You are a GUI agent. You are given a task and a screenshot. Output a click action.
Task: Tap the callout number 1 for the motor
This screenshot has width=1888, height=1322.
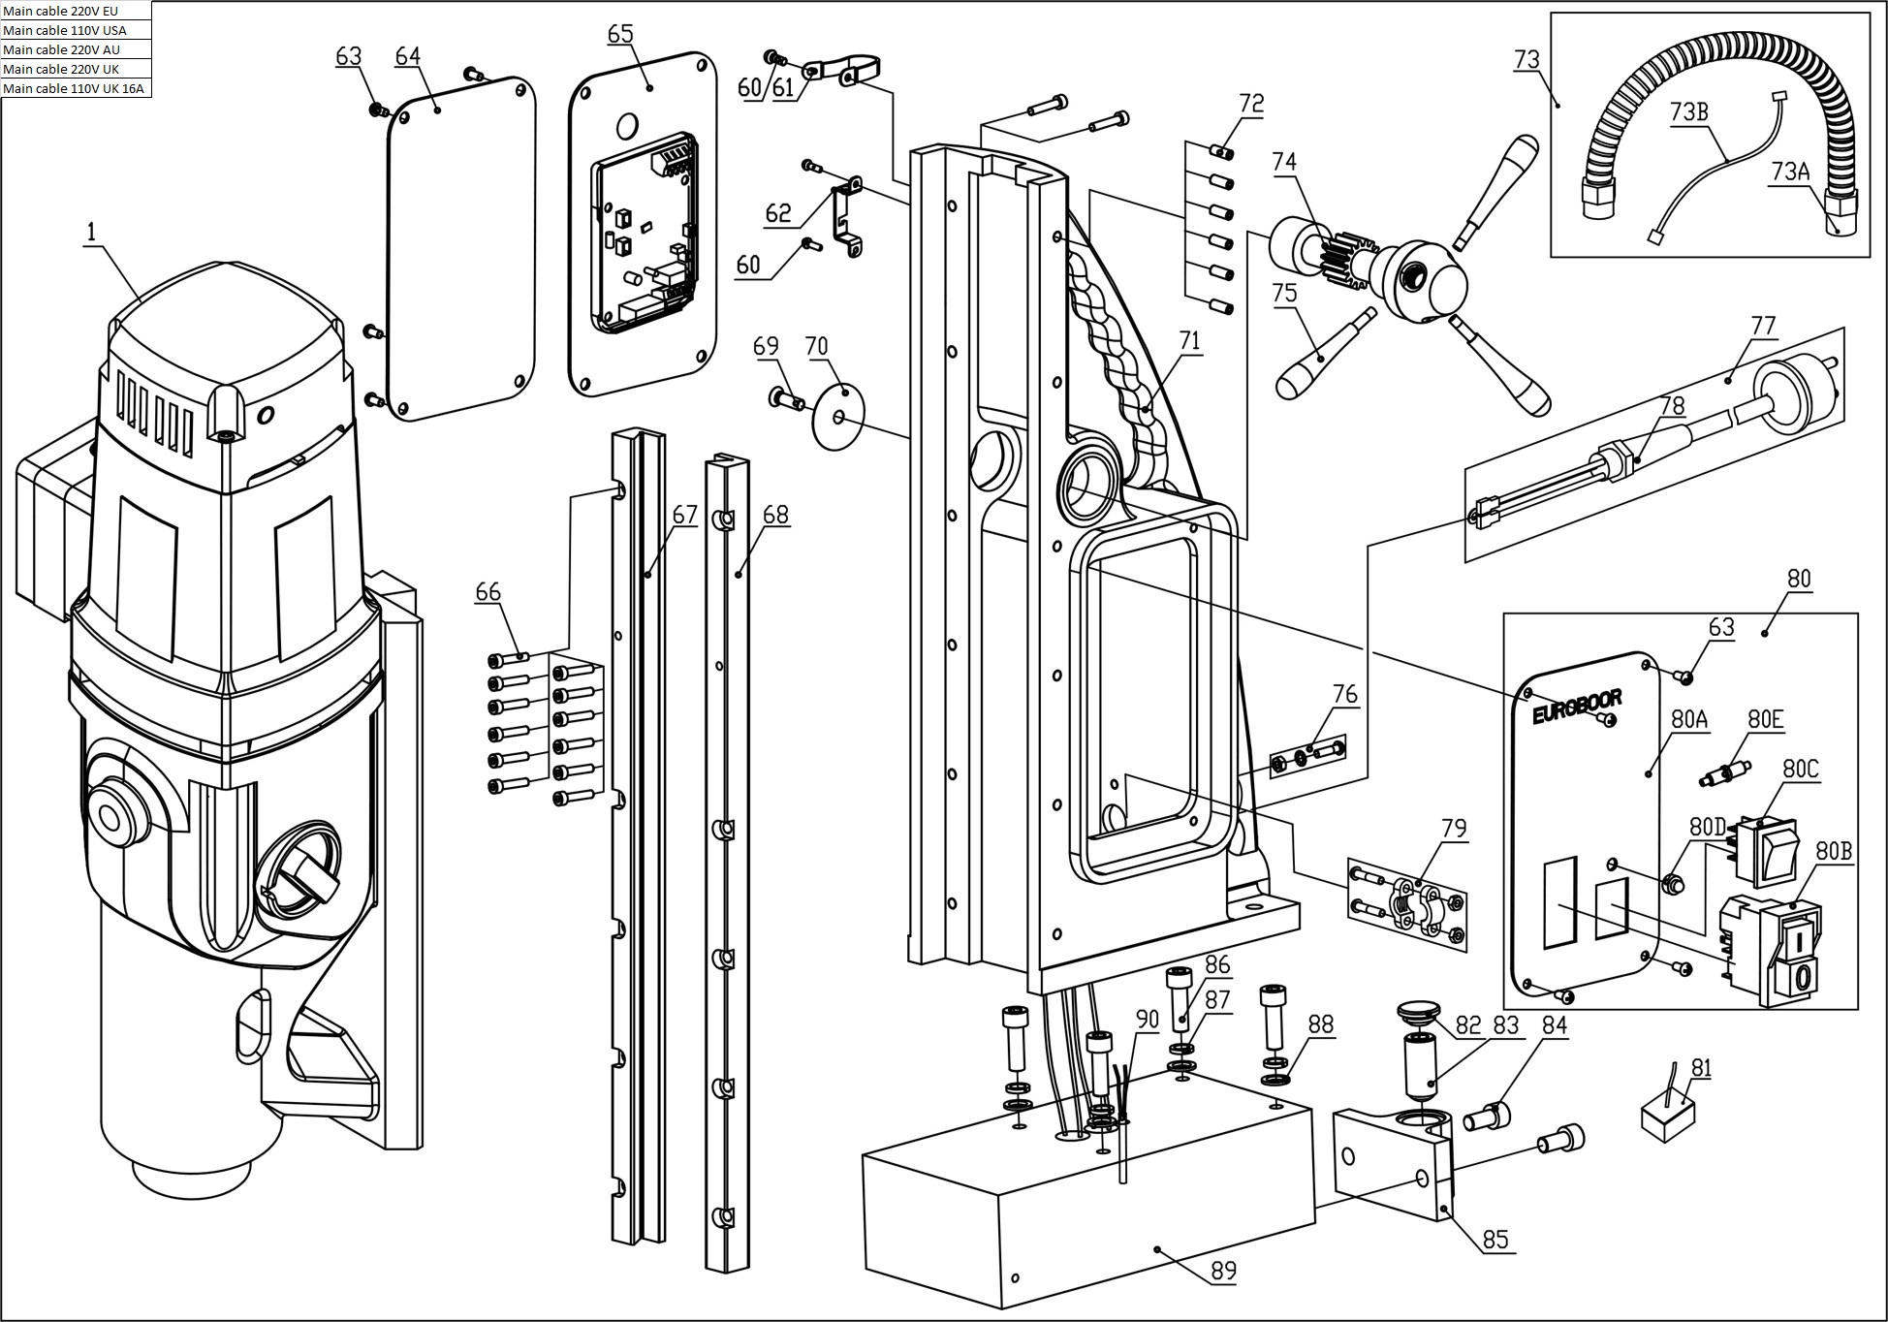[x=92, y=232]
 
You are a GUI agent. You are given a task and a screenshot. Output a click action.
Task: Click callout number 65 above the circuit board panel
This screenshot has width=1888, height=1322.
[x=620, y=34]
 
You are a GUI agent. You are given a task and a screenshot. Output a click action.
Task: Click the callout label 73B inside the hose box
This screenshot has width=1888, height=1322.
[x=1688, y=112]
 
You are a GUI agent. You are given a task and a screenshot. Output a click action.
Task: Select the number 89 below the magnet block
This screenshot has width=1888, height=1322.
[x=1224, y=1270]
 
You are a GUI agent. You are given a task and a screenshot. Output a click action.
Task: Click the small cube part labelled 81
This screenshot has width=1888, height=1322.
[x=1668, y=1114]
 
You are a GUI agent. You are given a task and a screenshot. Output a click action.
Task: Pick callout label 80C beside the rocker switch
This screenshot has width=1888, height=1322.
[x=1801, y=770]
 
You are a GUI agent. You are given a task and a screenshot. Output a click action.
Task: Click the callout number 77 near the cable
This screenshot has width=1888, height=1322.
[x=1763, y=326]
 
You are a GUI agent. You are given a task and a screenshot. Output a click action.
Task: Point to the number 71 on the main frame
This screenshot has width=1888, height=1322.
[x=1189, y=340]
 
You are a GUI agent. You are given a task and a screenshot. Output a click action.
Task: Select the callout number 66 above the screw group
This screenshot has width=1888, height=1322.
[x=488, y=592]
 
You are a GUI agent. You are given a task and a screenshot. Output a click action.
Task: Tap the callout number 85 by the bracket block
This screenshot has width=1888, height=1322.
[x=1495, y=1240]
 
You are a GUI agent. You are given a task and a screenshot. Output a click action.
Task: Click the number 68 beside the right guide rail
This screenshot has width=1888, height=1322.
[x=775, y=515]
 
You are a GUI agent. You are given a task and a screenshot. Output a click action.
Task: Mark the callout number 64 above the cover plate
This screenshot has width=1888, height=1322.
[x=408, y=56]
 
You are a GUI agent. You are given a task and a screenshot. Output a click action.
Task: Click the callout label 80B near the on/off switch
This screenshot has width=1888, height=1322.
[x=1834, y=851]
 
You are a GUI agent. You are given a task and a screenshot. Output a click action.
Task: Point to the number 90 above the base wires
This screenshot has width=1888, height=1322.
[x=1148, y=1019]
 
